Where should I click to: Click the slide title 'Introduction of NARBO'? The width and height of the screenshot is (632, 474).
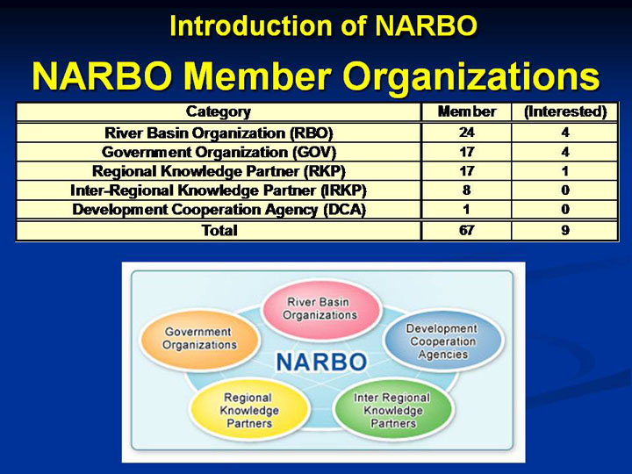(323, 25)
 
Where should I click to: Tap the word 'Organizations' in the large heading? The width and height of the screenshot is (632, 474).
(470, 77)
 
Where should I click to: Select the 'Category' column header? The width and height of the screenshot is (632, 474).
(219, 111)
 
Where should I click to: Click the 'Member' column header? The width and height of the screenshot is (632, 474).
(467, 111)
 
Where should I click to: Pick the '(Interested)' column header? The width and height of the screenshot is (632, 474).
(565, 111)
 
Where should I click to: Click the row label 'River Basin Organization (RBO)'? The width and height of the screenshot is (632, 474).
(219, 133)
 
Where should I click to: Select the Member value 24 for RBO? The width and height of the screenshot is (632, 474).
(467, 133)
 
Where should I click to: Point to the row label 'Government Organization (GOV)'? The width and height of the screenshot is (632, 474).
(219, 152)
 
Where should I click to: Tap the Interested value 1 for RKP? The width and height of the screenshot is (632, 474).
(565, 171)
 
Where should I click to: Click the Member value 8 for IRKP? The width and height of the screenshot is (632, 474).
(467, 190)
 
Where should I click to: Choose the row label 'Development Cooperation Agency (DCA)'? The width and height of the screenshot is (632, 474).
(219, 210)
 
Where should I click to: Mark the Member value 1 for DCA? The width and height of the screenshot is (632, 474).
(467, 209)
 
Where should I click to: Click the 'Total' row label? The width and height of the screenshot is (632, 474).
(219, 230)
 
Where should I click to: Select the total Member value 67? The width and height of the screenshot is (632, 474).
(467, 230)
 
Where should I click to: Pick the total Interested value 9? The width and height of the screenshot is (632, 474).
(565, 230)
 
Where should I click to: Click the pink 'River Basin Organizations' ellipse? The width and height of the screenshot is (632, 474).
(320, 309)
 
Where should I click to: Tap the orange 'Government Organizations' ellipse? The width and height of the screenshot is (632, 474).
(199, 339)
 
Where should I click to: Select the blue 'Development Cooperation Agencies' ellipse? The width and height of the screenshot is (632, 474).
(443, 341)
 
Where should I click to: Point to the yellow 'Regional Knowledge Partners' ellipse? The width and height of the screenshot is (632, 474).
(249, 410)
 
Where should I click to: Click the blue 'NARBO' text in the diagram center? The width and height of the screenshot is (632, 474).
(321, 362)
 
